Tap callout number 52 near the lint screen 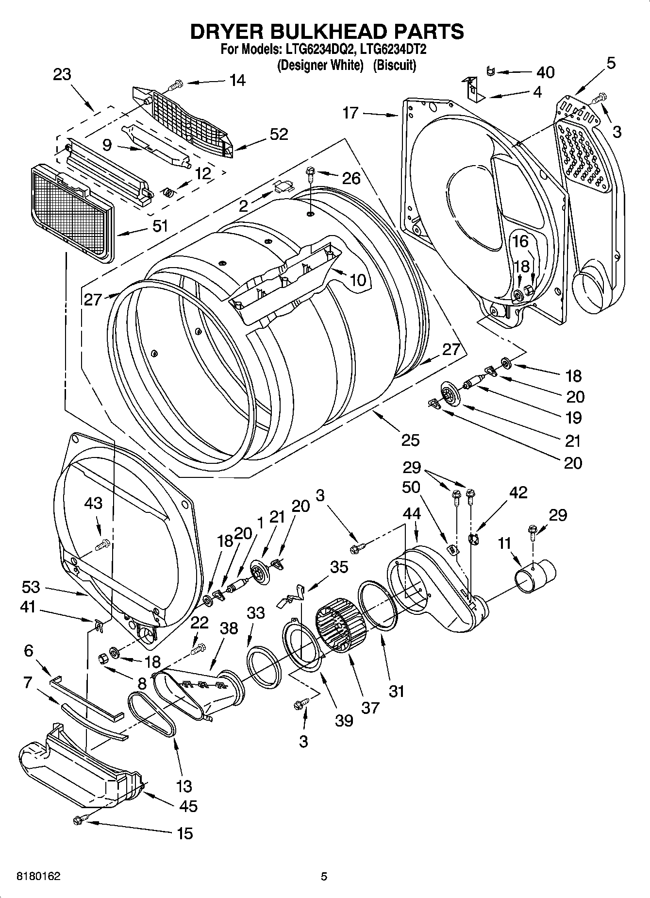[x=279, y=134]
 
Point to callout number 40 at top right [x=545, y=72]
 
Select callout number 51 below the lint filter [x=160, y=226]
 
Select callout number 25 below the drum [x=410, y=440]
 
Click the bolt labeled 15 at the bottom [x=79, y=820]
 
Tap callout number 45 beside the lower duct [x=188, y=806]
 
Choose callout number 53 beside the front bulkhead [x=31, y=587]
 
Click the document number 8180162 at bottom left [x=39, y=877]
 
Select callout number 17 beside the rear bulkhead [x=350, y=113]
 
